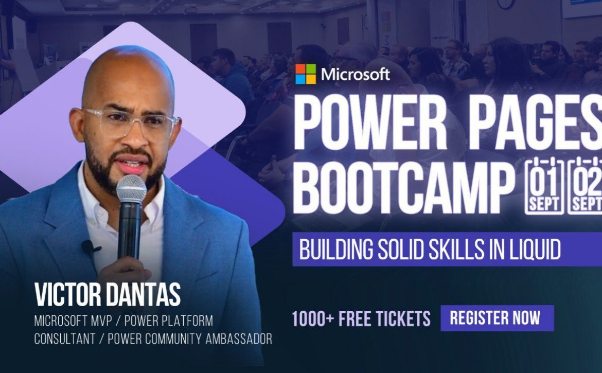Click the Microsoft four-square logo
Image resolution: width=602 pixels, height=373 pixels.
point(306,74)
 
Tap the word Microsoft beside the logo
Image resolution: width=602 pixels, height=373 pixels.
point(355,74)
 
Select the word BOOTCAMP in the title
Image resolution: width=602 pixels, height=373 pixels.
point(404,187)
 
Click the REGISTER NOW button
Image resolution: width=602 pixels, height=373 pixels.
point(497,318)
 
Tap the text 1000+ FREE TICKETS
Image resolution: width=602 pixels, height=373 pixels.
point(361,318)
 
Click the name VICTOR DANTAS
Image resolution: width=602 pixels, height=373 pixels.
point(107,294)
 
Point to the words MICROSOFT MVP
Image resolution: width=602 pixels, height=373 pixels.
point(73,321)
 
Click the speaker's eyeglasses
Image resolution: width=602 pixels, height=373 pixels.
point(131,123)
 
